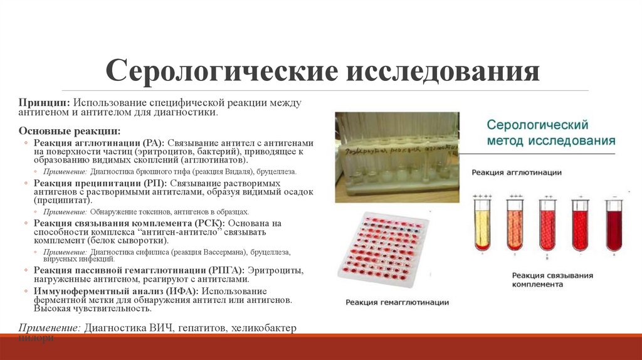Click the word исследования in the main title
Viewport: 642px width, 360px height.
pos(443,71)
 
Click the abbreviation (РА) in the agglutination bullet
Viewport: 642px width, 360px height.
pos(152,143)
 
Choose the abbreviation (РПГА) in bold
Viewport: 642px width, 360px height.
pos(228,270)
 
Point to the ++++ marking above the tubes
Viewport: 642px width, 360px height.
pos(482,196)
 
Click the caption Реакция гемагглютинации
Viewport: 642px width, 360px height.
pos(397,302)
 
